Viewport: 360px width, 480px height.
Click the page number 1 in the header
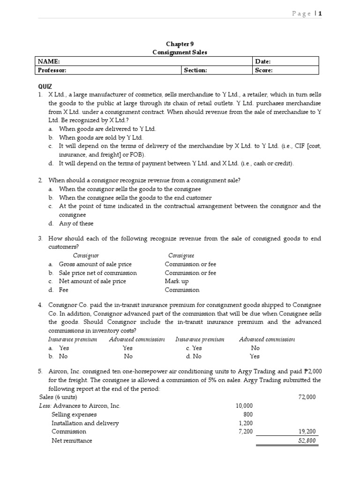[321, 14]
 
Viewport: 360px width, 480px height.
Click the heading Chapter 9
[180, 44]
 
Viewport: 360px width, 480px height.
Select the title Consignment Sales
[180, 52]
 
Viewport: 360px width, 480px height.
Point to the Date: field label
[263, 61]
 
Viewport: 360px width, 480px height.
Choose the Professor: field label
[52, 70]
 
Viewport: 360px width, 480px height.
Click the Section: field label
[195, 70]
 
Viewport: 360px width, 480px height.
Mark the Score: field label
[264, 70]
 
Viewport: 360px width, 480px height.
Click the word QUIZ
[45, 87]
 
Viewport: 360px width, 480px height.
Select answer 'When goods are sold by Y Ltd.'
[101, 138]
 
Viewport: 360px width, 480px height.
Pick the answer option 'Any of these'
[76, 224]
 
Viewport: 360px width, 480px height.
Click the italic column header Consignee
[181, 255]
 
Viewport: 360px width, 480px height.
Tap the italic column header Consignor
[86, 255]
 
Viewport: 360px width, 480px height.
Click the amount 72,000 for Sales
[307, 397]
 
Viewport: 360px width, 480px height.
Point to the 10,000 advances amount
[244, 406]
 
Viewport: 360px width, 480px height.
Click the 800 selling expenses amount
[248, 414]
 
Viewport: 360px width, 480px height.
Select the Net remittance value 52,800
[307, 441]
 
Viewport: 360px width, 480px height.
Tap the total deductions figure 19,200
[307, 431]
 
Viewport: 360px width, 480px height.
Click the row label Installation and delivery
[85, 423]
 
